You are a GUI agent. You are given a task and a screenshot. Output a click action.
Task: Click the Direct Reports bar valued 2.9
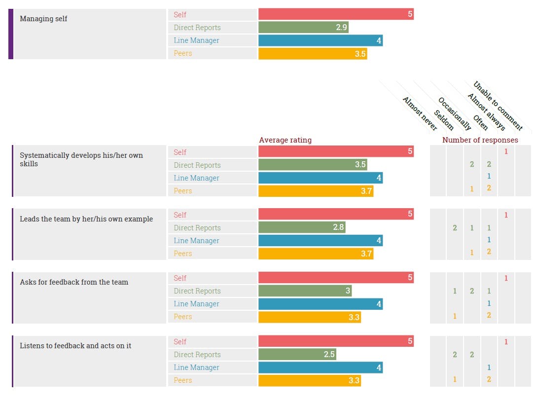coord(303,28)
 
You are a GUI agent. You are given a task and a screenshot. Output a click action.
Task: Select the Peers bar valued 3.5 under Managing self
coord(313,53)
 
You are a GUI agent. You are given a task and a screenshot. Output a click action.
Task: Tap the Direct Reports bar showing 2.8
coord(302,228)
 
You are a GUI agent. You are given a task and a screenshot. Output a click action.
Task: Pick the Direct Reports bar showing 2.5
coord(297,355)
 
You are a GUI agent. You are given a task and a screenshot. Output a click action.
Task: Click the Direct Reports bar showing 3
coord(305,291)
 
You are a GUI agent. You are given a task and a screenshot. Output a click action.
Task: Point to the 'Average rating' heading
coord(285,140)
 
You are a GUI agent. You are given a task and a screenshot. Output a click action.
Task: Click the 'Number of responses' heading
coord(480,140)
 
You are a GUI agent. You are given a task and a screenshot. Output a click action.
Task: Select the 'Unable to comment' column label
coord(498,106)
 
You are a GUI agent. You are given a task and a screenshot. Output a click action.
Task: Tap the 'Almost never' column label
coord(420,114)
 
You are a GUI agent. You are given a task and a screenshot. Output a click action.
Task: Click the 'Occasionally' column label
coord(454,114)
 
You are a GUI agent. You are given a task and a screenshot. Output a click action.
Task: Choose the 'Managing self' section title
coord(43,19)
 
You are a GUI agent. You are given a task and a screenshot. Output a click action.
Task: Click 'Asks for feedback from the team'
coord(74,282)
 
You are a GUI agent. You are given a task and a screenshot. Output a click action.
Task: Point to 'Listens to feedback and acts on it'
coord(75,346)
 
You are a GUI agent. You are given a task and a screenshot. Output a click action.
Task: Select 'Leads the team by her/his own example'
coord(86,219)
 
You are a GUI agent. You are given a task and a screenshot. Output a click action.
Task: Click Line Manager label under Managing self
coord(196,40)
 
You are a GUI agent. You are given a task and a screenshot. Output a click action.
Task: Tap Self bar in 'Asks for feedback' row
coord(336,278)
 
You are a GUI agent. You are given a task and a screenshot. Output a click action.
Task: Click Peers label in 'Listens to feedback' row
coord(183,380)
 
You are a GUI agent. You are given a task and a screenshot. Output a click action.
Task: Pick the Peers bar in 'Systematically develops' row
coord(316,191)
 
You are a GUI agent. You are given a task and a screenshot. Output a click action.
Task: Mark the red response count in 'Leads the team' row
coord(506,215)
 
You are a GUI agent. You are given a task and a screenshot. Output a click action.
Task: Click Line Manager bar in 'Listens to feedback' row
coord(321,367)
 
